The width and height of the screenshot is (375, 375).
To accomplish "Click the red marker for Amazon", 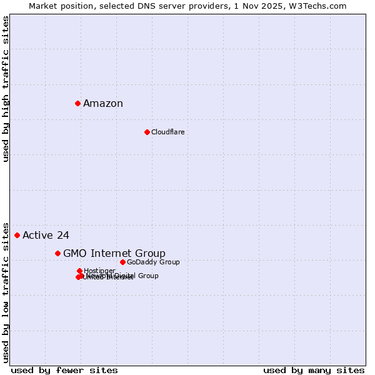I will click(77, 103).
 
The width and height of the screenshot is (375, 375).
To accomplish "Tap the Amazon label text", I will click(103, 104).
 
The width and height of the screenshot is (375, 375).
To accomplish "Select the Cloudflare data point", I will click(147, 132).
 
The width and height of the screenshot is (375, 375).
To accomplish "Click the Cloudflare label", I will click(167, 132).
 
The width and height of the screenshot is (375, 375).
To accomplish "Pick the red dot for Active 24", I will click(17, 235).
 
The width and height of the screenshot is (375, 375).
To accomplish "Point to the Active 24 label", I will click(46, 236).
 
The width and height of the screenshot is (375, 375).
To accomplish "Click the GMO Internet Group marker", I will click(57, 253).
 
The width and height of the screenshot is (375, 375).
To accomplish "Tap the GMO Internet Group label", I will click(114, 253).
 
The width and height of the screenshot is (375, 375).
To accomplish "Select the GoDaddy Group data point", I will click(122, 262).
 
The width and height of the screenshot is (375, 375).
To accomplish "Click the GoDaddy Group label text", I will click(153, 262).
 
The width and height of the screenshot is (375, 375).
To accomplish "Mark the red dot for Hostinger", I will click(79, 271).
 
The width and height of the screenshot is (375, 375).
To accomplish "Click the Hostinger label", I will click(99, 271).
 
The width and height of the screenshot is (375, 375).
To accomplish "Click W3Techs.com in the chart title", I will click(321, 6).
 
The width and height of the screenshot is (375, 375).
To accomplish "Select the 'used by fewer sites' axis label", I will click(64, 370).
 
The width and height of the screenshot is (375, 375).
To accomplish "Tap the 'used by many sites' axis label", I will click(314, 370).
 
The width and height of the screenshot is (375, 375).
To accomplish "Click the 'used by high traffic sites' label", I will click(6, 89).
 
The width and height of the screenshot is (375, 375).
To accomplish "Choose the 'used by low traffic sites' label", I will click(6, 292).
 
